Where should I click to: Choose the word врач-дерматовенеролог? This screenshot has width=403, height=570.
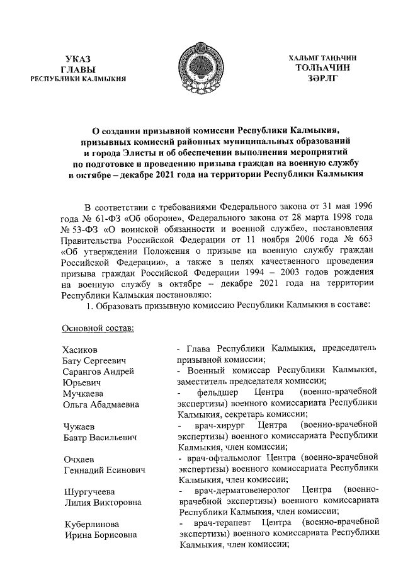[x=242, y=491]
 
